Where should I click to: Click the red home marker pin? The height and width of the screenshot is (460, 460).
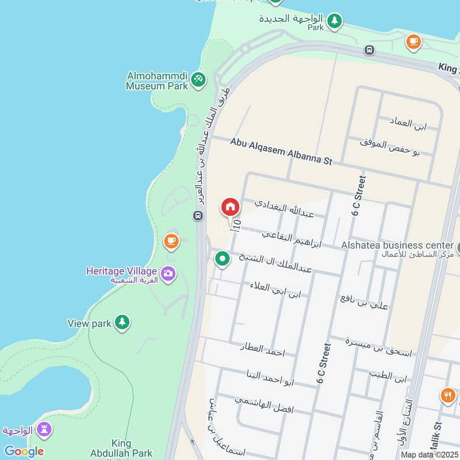[x=230, y=206]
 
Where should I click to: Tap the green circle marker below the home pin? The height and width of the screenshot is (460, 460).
[x=223, y=259]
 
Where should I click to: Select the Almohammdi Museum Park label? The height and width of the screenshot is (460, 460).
[x=157, y=81]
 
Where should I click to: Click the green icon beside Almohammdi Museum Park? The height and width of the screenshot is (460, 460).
[x=198, y=79]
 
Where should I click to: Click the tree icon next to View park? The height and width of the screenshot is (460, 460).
[x=122, y=323]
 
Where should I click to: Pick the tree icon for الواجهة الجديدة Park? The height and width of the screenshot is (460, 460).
[x=334, y=22]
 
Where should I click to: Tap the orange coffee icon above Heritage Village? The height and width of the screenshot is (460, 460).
[x=171, y=241]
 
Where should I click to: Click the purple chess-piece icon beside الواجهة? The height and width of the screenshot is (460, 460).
[x=44, y=430]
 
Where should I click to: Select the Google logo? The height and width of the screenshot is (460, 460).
[x=24, y=451]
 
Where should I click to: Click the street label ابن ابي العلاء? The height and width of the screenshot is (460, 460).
[x=275, y=290]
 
